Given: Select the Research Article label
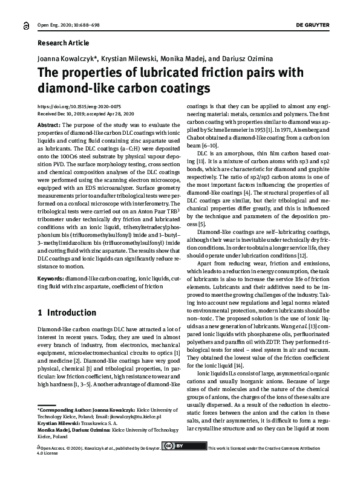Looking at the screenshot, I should (x=64, y=43).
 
